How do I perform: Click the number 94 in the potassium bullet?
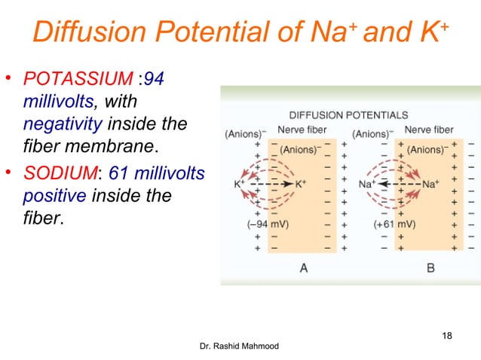[x=154, y=78]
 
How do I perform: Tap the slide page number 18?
[x=445, y=335]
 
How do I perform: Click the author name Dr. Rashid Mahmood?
[x=239, y=346]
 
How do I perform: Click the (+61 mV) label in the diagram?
[x=394, y=224]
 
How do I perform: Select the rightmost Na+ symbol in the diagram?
[x=431, y=183]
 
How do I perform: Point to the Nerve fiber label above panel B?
[x=429, y=130]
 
